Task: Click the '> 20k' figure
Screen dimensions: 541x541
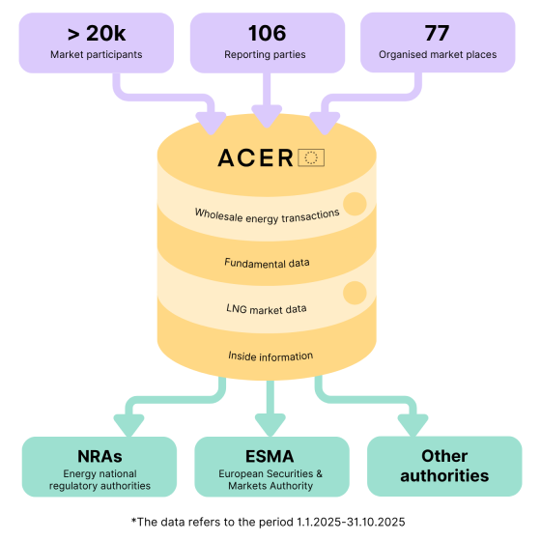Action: (x=96, y=34)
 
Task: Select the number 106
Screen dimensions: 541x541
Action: (x=267, y=34)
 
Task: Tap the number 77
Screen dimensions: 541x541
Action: (x=437, y=34)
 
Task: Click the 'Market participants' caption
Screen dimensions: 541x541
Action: (x=96, y=55)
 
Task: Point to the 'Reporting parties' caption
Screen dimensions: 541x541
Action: (x=267, y=55)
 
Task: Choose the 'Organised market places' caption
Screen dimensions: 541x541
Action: (x=437, y=55)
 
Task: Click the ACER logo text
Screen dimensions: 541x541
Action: (x=255, y=158)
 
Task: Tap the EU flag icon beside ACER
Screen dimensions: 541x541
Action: (x=311, y=158)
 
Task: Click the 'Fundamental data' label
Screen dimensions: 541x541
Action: (x=267, y=262)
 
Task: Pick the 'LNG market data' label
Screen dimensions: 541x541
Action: (x=267, y=308)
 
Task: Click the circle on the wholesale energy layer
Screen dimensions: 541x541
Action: (x=355, y=204)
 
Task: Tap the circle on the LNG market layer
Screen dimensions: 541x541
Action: (x=355, y=293)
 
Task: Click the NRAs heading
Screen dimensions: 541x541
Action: (x=100, y=456)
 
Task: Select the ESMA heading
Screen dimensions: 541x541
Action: (x=271, y=456)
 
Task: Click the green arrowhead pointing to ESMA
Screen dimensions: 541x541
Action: (x=270, y=423)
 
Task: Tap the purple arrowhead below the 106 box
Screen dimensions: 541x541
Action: (x=267, y=120)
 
